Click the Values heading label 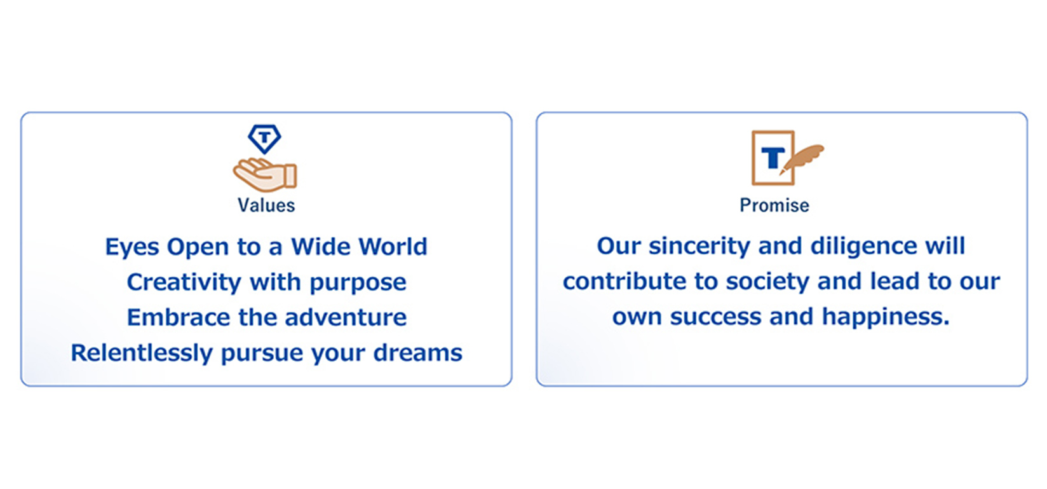(266, 205)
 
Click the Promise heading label (774, 205)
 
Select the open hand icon (265, 174)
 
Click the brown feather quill (802, 158)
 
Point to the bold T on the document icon (773, 158)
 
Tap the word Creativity (184, 282)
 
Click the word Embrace (179, 317)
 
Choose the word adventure (346, 317)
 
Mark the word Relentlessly (142, 354)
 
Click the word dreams (418, 353)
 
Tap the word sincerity (699, 247)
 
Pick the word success (715, 317)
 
